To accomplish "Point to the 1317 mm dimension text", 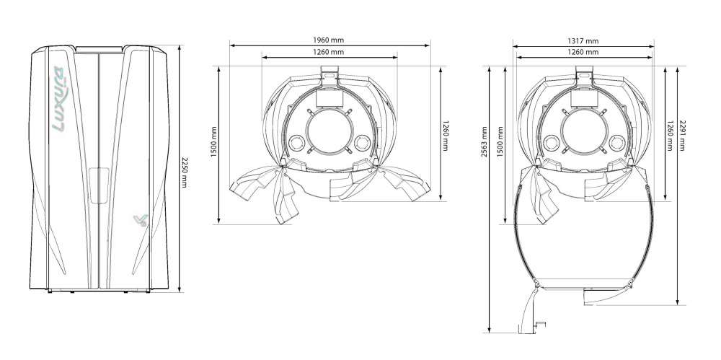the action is point(583,41).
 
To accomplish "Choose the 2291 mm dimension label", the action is point(682,136).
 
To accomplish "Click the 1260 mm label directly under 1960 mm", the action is point(328,52).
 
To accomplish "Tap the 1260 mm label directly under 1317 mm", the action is point(583,52).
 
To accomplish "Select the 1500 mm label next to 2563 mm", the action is point(500,142).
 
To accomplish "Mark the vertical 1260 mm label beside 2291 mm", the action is point(670,136).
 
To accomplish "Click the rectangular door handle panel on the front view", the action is point(99,185).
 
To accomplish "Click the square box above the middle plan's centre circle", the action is point(329,97).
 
